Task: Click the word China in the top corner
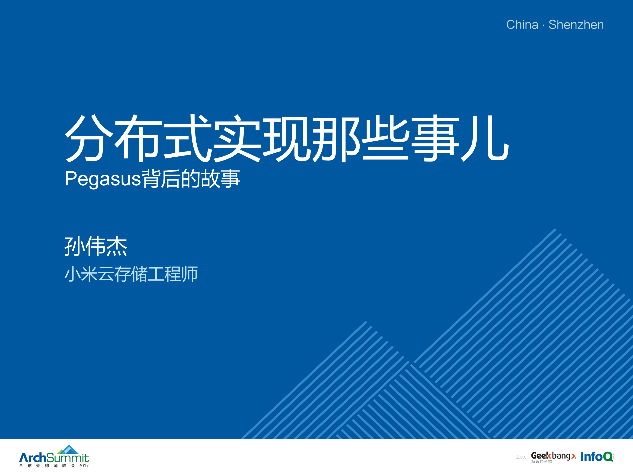coord(522,25)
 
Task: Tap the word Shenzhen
coord(576,25)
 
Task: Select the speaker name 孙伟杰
coord(96,246)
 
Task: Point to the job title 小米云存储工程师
coord(131,274)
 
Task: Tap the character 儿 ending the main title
coord(485,138)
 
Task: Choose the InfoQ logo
coord(597,456)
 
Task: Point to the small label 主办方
coord(521,457)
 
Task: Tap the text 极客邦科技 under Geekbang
coord(541,462)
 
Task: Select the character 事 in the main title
coord(435,138)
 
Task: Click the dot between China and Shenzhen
coord(543,25)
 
